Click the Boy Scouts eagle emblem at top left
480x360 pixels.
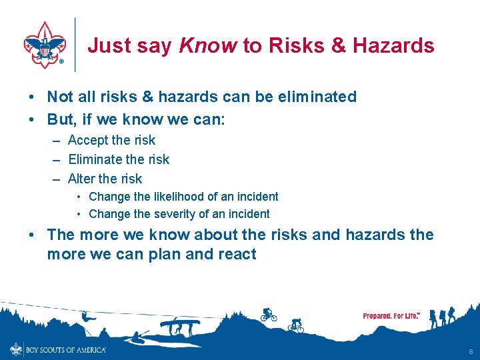(x=45, y=45)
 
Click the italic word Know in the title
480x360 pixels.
(x=207, y=46)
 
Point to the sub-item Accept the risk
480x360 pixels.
(x=111, y=140)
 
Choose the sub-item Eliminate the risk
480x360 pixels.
(x=119, y=159)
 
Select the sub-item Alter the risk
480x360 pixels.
(x=105, y=179)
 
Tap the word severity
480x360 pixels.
(x=173, y=214)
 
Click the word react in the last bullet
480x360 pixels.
(x=235, y=254)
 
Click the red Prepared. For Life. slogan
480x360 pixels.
(x=391, y=315)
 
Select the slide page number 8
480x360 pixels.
(x=471, y=351)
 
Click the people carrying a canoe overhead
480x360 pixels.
(x=180, y=327)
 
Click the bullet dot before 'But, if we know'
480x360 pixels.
(x=32, y=121)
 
